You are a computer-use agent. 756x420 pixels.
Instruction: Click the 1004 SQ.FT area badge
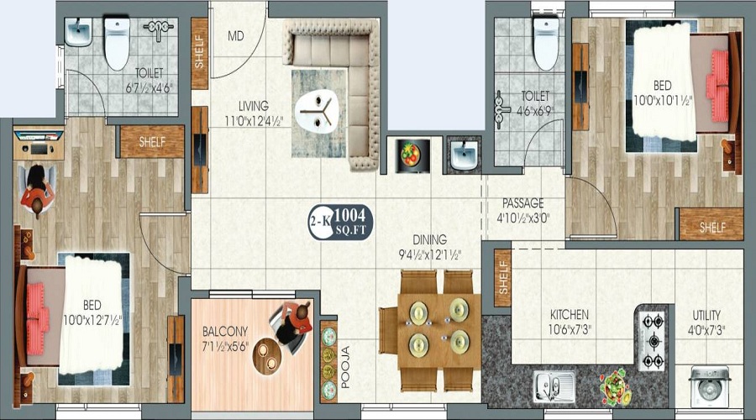[x=341, y=222]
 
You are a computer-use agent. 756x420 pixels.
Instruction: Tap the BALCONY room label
[x=224, y=330]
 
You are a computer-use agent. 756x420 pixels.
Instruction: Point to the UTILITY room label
[x=706, y=315]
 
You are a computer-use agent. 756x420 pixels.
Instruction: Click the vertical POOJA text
[x=344, y=366]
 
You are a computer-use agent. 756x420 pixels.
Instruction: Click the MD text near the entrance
[x=237, y=37]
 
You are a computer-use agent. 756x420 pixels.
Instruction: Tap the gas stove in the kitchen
[x=652, y=340]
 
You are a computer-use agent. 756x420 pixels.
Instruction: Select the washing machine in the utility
[x=707, y=386]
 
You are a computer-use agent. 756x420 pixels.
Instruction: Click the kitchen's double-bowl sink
[x=554, y=386]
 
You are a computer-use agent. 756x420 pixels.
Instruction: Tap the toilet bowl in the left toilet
[x=116, y=42]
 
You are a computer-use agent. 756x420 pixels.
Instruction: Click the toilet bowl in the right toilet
[x=545, y=43]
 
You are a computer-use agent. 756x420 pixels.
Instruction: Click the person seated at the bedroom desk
[x=37, y=192]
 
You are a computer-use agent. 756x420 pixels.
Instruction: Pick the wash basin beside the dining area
[x=464, y=155]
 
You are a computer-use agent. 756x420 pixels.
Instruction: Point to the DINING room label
[x=429, y=239]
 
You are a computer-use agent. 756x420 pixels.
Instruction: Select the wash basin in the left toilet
[x=80, y=34]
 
